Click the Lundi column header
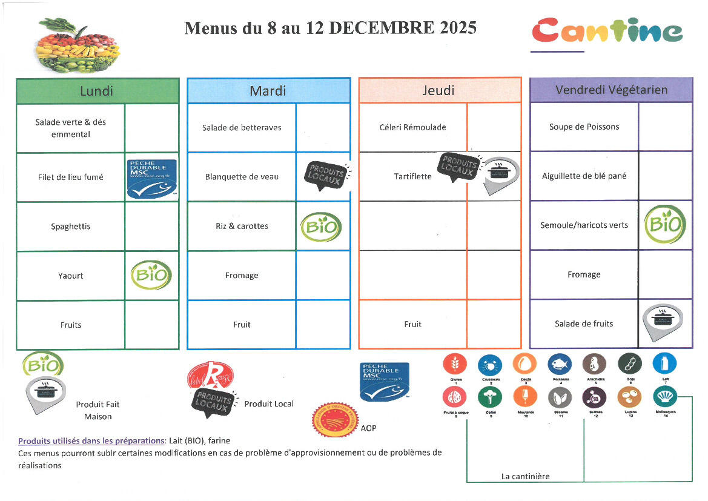pyautogui.click(x=97, y=91)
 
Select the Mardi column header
pyautogui.click(x=268, y=91)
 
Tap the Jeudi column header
pyautogui.click(x=439, y=91)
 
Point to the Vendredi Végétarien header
pyautogui.click(x=611, y=90)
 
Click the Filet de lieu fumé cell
pyautogui.click(x=70, y=178)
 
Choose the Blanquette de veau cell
pyautogui.click(x=242, y=177)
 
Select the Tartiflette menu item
pyautogui.click(x=412, y=176)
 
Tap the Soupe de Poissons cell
pyautogui.click(x=584, y=127)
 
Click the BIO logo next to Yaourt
pyautogui.click(x=151, y=276)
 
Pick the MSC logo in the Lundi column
pyautogui.click(x=151, y=178)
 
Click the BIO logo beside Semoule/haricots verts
pyautogui.click(x=665, y=224)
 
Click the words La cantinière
pyautogui.click(x=525, y=476)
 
